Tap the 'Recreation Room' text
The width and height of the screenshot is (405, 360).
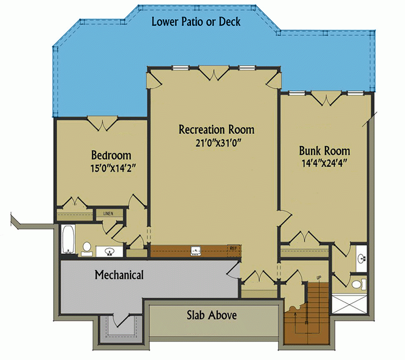216,130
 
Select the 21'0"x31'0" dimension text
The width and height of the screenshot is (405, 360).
216,143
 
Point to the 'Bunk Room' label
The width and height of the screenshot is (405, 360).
324,151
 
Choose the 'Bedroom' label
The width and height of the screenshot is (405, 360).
111,155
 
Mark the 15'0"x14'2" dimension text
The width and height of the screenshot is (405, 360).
111,167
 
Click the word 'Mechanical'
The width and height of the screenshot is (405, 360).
119,275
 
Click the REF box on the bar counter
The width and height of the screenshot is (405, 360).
233,249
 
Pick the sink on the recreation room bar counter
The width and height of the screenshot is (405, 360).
195,250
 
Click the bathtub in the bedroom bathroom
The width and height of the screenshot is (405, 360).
68,241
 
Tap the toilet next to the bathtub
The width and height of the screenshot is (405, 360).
87,248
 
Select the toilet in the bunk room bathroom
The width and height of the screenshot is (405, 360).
358,283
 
